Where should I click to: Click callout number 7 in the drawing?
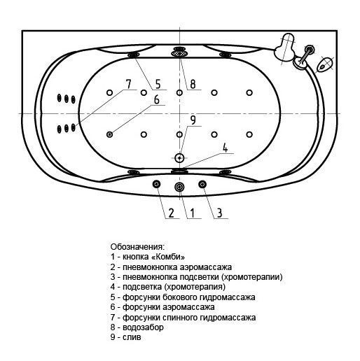pyautogui.click(x=128, y=84)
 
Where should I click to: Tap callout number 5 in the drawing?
pyautogui.click(x=158, y=84)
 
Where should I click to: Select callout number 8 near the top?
pyautogui.click(x=193, y=84)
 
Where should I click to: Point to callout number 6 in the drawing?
pyautogui.click(x=157, y=99)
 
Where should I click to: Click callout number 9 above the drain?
pyautogui.click(x=193, y=120)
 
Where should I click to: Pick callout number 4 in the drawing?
pyautogui.click(x=225, y=148)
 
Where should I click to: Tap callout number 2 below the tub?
pyautogui.click(x=171, y=213)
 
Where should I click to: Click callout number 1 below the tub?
pyautogui.click(x=193, y=213)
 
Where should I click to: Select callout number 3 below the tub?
pyautogui.click(x=219, y=213)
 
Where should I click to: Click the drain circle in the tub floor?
pyautogui.click(x=179, y=158)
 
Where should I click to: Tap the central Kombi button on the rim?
pyautogui.click(x=179, y=187)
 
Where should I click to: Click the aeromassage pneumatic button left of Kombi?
pyautogui.click(x=156, y=185)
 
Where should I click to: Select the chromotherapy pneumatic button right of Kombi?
pyautogui.click(x=202, y=185)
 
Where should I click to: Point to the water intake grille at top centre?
pyautogui.click(x=179, y=54)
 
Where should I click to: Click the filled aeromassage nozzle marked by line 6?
pyautogui.click(x=109, y=134)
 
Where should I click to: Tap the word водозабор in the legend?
pyautogui.click(x=143, y=327)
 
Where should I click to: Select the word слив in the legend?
pyautogui.click(x=132, y=337)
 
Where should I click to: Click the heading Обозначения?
pyautogui.click(x=137, y=247)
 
